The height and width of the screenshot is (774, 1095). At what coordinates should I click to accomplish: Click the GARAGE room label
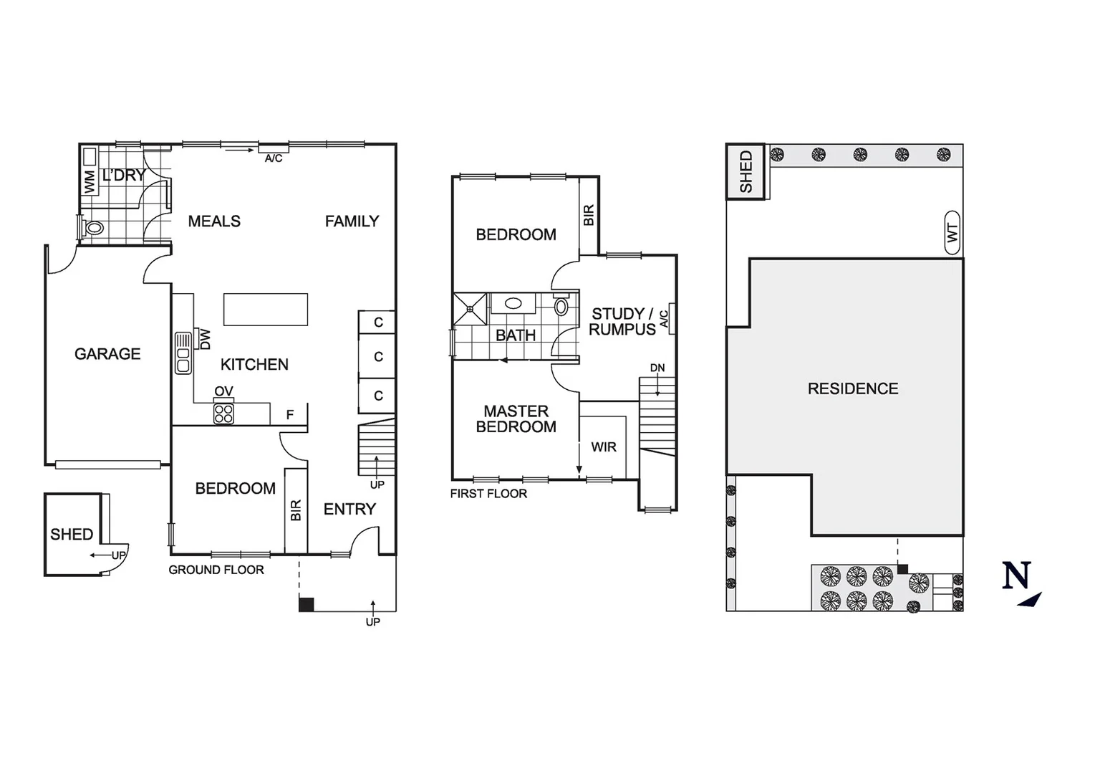tap(107, 353)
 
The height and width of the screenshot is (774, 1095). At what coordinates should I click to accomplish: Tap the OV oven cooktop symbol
tap(223, 414)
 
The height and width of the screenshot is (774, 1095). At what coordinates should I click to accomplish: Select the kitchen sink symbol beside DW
tap(183, 353)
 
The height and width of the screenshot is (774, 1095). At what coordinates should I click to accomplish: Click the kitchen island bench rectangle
tap(266, 310)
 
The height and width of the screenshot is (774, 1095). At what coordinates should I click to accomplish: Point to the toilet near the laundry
tap(93, 229)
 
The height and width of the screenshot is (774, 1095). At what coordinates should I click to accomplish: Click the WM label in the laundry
tap(90, 181)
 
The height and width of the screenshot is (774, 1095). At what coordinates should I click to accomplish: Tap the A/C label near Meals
tap(274, 158)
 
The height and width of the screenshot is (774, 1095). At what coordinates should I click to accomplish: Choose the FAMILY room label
tap(352, 221)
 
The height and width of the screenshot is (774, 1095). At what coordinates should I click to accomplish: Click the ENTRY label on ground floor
tap(349, 510)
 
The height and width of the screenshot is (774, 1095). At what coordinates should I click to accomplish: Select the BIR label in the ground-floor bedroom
tap(296, 510)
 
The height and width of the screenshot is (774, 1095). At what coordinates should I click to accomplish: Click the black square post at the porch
tap(307, 604)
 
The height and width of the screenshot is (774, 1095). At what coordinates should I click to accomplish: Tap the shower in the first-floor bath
tap(471, 309)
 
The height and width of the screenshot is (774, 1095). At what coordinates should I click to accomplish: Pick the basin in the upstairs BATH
tap(513, 303)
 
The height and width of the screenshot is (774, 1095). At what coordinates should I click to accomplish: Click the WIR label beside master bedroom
tap(604, 447)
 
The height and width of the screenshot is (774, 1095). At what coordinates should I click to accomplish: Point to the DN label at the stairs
tap(657, 368)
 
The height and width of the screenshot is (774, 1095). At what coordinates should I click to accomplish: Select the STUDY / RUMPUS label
tap(622, 322)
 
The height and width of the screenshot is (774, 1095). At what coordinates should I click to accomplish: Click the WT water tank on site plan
tap(952, 232)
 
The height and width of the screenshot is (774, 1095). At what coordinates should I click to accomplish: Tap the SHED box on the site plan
tap(746, 172)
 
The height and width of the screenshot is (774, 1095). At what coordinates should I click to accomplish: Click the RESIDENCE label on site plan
tap(852, 388)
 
